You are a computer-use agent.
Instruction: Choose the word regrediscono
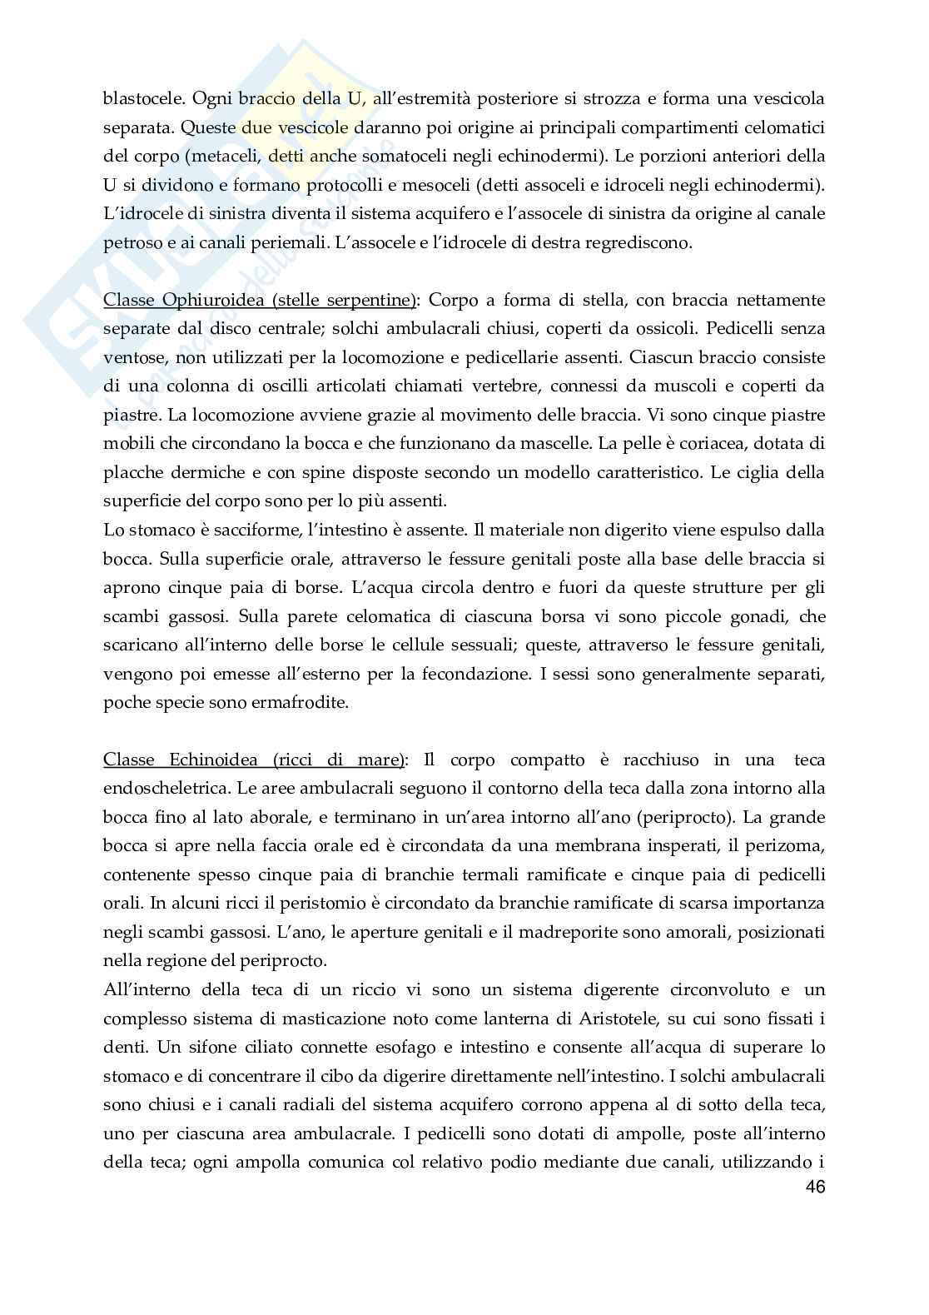click(640, 242)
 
